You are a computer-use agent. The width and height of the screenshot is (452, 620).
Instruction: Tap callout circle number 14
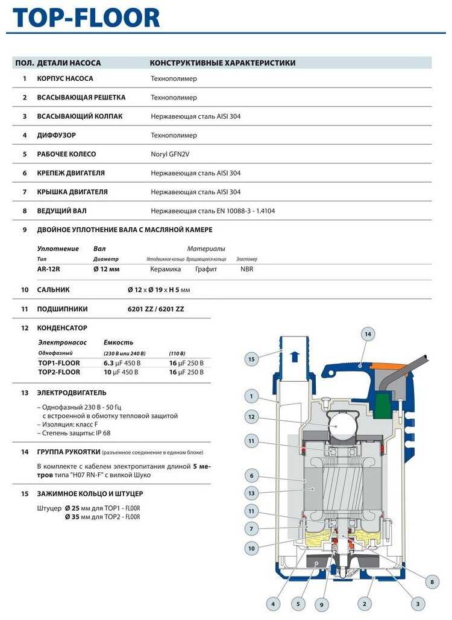(368, 334)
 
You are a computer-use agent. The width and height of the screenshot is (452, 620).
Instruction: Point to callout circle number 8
(431, 581)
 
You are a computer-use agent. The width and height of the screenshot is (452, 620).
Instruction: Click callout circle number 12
(251, 416)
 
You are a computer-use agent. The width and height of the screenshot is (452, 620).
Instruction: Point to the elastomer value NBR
(247, 269)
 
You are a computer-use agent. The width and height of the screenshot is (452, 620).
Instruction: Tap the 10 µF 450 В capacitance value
(121, 372)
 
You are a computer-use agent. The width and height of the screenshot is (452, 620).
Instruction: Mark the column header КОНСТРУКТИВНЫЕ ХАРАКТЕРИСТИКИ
(222, 63)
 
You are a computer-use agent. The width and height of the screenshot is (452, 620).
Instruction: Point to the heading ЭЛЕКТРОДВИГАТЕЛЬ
(72, 393)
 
